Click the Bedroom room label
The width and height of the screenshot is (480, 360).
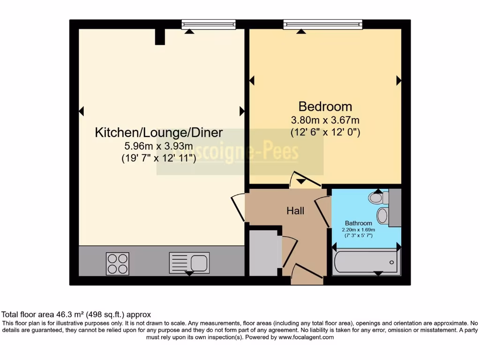[x=325, y=106]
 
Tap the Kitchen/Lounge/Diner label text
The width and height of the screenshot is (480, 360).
[x=158, y=133]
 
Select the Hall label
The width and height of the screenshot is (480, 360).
[x=295, y=211]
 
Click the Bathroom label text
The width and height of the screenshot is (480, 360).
[x=359, y=223]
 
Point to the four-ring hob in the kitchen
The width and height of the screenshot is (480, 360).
[x=118, y=263]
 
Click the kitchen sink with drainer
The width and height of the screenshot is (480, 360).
[x=189, y=262]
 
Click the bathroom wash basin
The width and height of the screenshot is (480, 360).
[x=383, y=216]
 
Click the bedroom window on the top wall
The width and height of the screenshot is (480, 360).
[x=322, y=24]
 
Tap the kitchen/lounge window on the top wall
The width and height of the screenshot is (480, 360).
[x=208, y=24]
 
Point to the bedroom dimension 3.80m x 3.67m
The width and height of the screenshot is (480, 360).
[x=325, y=120]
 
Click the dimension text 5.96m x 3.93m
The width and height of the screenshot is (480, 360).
[x=158, y=146]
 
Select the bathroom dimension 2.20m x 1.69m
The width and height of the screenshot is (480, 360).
[x=359, y=230]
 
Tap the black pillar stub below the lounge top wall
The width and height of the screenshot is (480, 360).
[x=160, y=37]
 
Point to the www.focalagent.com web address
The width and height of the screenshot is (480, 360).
[x=306, y=337]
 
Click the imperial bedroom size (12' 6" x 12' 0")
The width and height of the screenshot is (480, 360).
[x=325, y=132]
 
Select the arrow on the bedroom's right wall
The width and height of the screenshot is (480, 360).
[x=398, y=81]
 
